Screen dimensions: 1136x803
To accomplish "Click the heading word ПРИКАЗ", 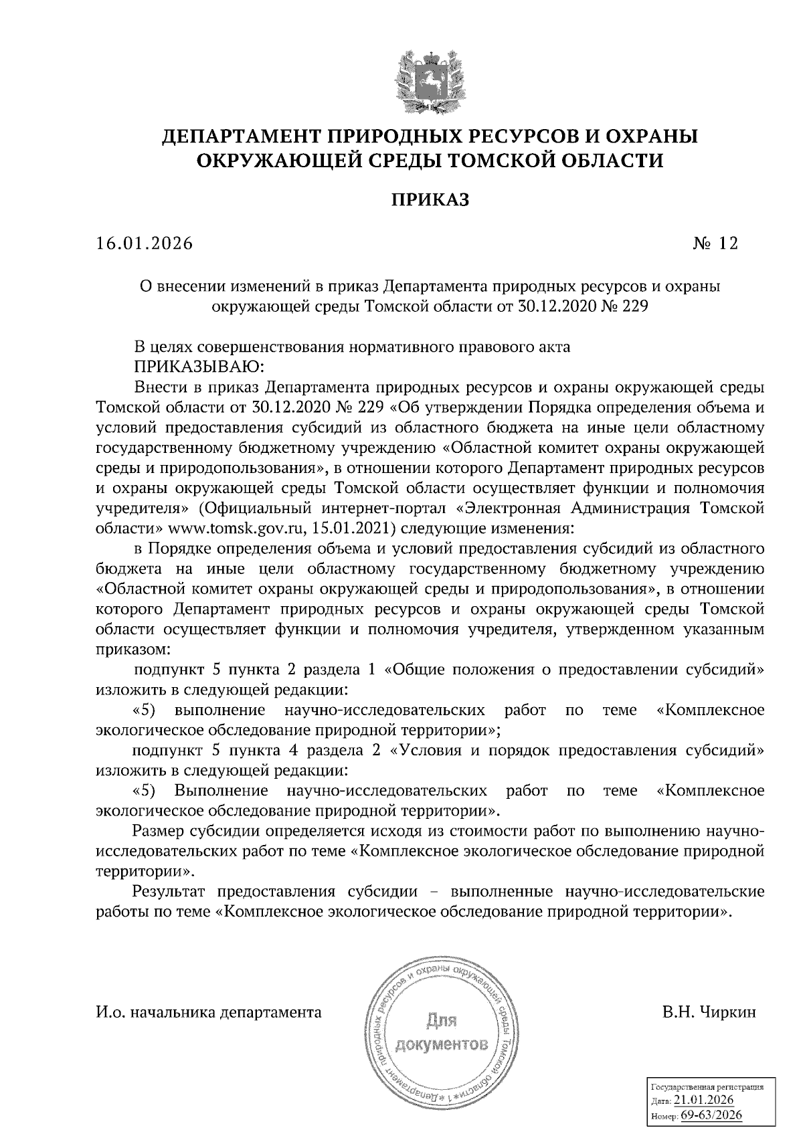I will tap(430, 200).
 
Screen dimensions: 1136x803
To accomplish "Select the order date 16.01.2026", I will tap(145, 244).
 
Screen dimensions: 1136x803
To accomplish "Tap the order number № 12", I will tap(715, 244).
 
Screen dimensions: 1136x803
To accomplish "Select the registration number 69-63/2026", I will tap(711, 1116).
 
